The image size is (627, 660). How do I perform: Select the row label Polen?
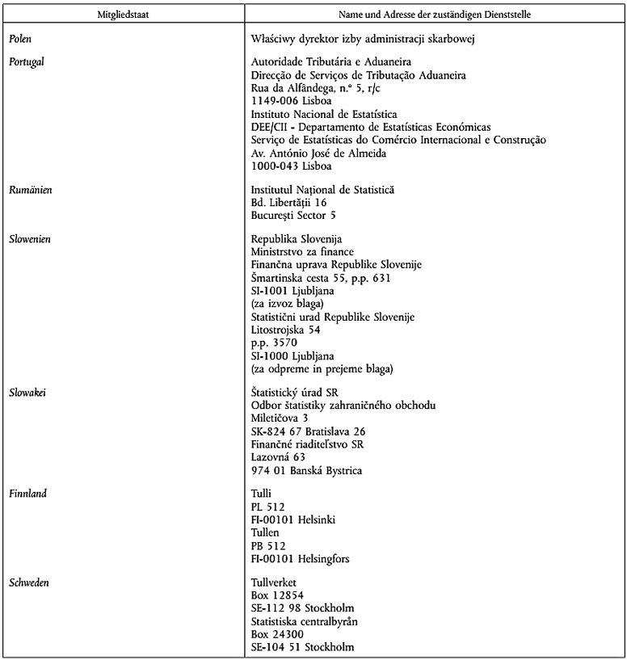coord(21,37)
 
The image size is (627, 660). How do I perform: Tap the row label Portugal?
coord(27,62)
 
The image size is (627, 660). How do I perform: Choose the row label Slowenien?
coord(32,239)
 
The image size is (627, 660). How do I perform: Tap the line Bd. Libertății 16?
coord(288,203)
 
